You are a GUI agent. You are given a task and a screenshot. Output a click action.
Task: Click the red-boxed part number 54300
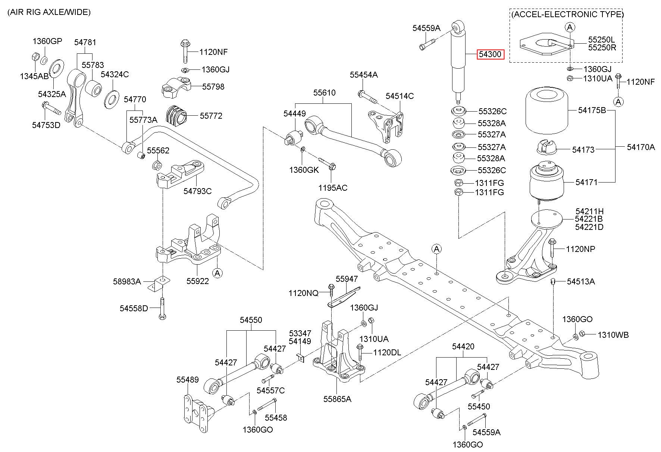[x=490, y=54]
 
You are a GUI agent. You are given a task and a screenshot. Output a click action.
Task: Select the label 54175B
[x=592, y=110]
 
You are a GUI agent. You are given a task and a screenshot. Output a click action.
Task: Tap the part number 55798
[x=213, y=87]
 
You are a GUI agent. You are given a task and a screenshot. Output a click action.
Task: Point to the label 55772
[x=211, y=116]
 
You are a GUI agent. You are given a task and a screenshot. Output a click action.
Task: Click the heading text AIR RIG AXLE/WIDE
[x=49, y=12]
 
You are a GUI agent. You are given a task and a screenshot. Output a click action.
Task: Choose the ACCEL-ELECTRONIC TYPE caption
[x=567, y=15]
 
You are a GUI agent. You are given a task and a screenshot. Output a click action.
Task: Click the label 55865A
[x=337, y=399]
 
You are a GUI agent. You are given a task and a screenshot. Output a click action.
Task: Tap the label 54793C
[x=197, y=191]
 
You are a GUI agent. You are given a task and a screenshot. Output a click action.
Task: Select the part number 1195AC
[x=333, y=187]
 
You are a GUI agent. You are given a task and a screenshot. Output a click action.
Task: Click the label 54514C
[x=400, y=96]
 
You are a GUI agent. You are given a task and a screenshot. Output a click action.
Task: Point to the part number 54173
[x=583, y=150]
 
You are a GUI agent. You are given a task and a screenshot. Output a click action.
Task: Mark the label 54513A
[x=581, y=281]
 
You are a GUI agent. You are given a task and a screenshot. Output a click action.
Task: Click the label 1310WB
[x=613, y=335]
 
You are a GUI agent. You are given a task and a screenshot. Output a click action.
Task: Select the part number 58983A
[x=127, y=281]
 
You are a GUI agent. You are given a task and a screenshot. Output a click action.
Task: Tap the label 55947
[x=347, y=279]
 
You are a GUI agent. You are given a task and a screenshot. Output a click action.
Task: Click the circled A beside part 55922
[x=217, y=273]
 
